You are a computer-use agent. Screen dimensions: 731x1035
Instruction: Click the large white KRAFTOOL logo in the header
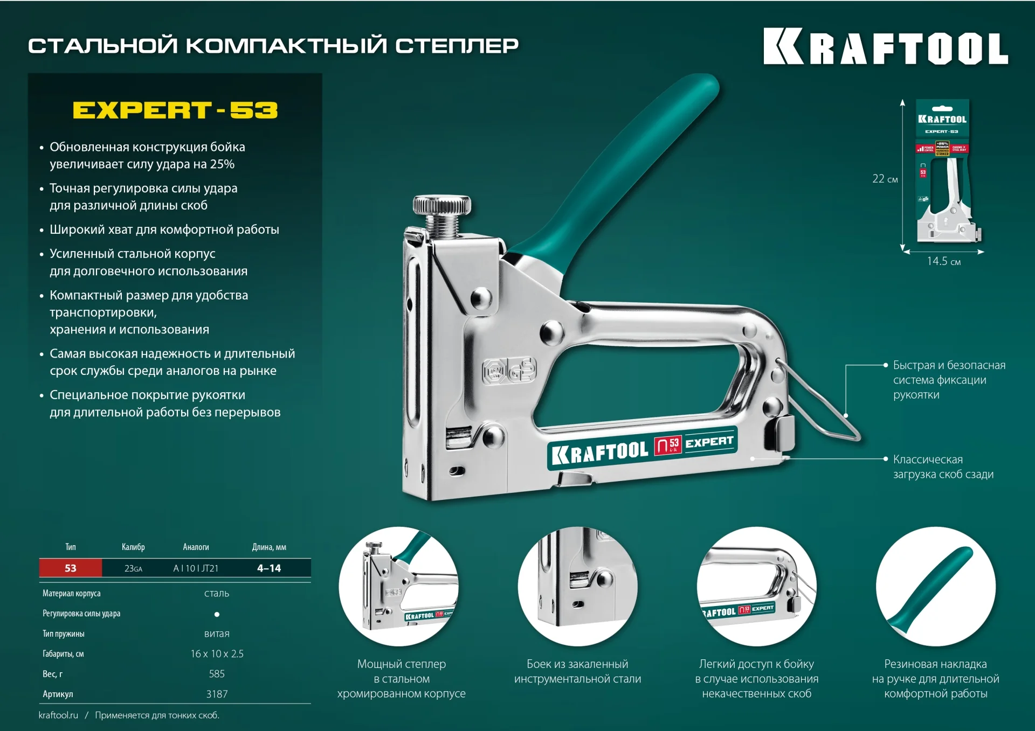click(x=885, y=47)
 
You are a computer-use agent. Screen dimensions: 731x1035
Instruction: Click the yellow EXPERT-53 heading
click(x=175, y=110)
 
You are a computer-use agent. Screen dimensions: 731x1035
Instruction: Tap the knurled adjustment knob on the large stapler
click(x=441, y=205)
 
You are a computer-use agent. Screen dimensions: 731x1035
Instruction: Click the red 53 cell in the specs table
click(x=71, y=568)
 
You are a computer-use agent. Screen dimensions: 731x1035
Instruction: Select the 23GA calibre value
click(x=133, y=569)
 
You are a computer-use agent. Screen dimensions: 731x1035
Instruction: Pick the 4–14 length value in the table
click(x=269, y=568)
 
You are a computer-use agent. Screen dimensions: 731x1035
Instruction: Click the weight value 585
click(x=217, y=674)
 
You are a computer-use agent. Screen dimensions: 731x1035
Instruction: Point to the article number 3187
click(x=217, y=694)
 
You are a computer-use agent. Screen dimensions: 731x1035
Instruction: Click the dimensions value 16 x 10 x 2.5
click(x=217, y=654)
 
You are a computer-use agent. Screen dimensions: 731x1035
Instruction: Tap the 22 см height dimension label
click(x=885, y=179)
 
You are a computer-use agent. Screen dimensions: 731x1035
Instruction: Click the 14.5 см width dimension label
click(x=943, y=262)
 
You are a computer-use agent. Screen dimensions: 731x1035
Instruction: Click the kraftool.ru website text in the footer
click(x=58, y=715)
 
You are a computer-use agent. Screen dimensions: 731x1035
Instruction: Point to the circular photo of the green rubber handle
click(x=935, y=586)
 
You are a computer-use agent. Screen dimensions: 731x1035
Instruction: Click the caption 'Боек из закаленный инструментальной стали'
click(x=577, y=672)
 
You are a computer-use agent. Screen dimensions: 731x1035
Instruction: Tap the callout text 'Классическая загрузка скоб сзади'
click(x=943, y=467)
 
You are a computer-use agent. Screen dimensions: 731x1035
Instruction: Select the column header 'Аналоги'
click(x=196, y=547)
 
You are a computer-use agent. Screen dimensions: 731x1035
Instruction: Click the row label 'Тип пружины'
click(x=64, y=634)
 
